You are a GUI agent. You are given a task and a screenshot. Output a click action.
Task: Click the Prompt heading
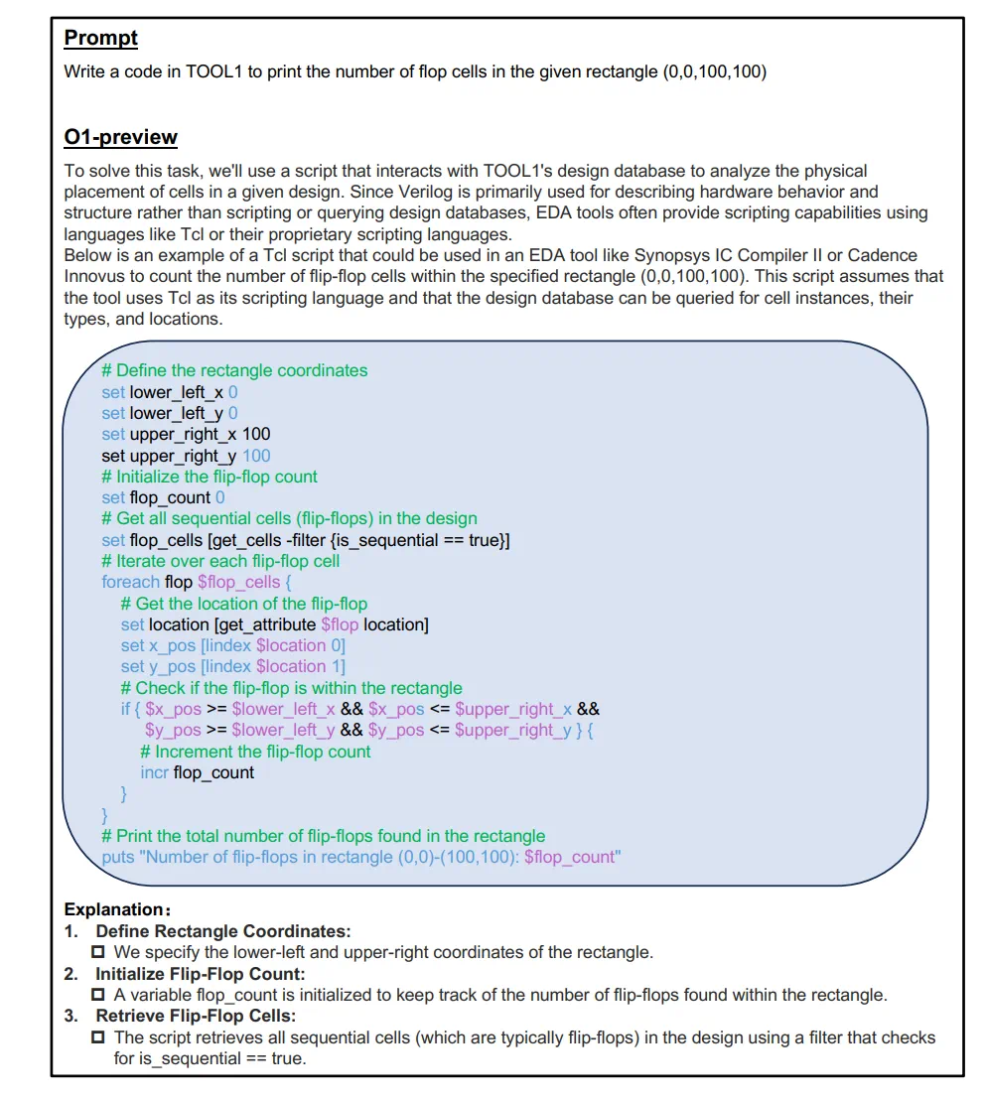point(100,39)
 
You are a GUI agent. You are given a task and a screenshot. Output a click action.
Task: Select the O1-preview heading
point(120,137)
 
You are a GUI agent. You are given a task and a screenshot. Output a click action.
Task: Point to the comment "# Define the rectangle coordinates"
point(234,370)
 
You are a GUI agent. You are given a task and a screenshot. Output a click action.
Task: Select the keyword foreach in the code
point(130,582)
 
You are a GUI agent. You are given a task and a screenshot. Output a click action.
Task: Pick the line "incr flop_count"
point(198,772)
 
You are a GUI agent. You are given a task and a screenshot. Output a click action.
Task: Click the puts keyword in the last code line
point(118,857)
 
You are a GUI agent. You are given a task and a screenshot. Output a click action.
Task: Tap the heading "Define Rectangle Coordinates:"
point(222,931)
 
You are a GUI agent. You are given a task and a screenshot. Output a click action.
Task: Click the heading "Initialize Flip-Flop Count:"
point(200,974)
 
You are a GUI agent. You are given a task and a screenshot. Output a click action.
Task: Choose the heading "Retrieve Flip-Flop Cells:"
point(196,1016)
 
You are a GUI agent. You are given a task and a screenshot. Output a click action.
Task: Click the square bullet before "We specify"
point(98,953)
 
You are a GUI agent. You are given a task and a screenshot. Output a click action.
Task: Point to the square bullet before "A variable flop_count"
point(98,995)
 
